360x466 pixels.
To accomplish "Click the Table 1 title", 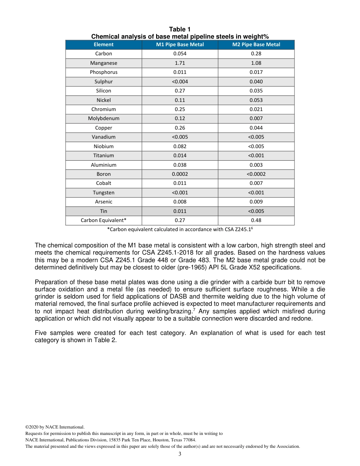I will click(x=180, y=30).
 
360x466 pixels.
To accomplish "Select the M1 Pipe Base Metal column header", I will click(x=180, y=45).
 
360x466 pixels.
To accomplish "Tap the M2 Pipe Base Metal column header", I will click(x=256, y=45).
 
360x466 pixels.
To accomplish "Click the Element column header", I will click(x=103, y=45).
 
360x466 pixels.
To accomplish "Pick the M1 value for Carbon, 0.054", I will click(x=180, y=54).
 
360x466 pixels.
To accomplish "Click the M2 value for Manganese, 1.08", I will click(x=256, y=63).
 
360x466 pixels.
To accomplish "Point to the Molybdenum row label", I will click(x=103, y=119).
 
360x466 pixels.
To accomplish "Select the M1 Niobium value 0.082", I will click(x=180, y=146).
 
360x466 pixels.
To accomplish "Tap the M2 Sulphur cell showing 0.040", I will click(x=256, y=82).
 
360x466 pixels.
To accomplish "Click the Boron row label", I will click(x=103, y=174).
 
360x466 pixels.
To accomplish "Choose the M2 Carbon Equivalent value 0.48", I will click(x=256, y=220).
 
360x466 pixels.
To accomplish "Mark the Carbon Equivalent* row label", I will click(x=103, y=220).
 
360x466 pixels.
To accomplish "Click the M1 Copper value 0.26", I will click(x=180, y=128).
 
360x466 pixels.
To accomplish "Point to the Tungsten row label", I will click(x=103, y=192).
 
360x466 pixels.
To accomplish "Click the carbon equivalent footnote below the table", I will click(x=180, y=229).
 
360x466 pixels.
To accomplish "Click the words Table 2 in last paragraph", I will click(x=105, y=340).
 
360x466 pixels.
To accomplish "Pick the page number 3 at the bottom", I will click(x=180, y=454).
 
